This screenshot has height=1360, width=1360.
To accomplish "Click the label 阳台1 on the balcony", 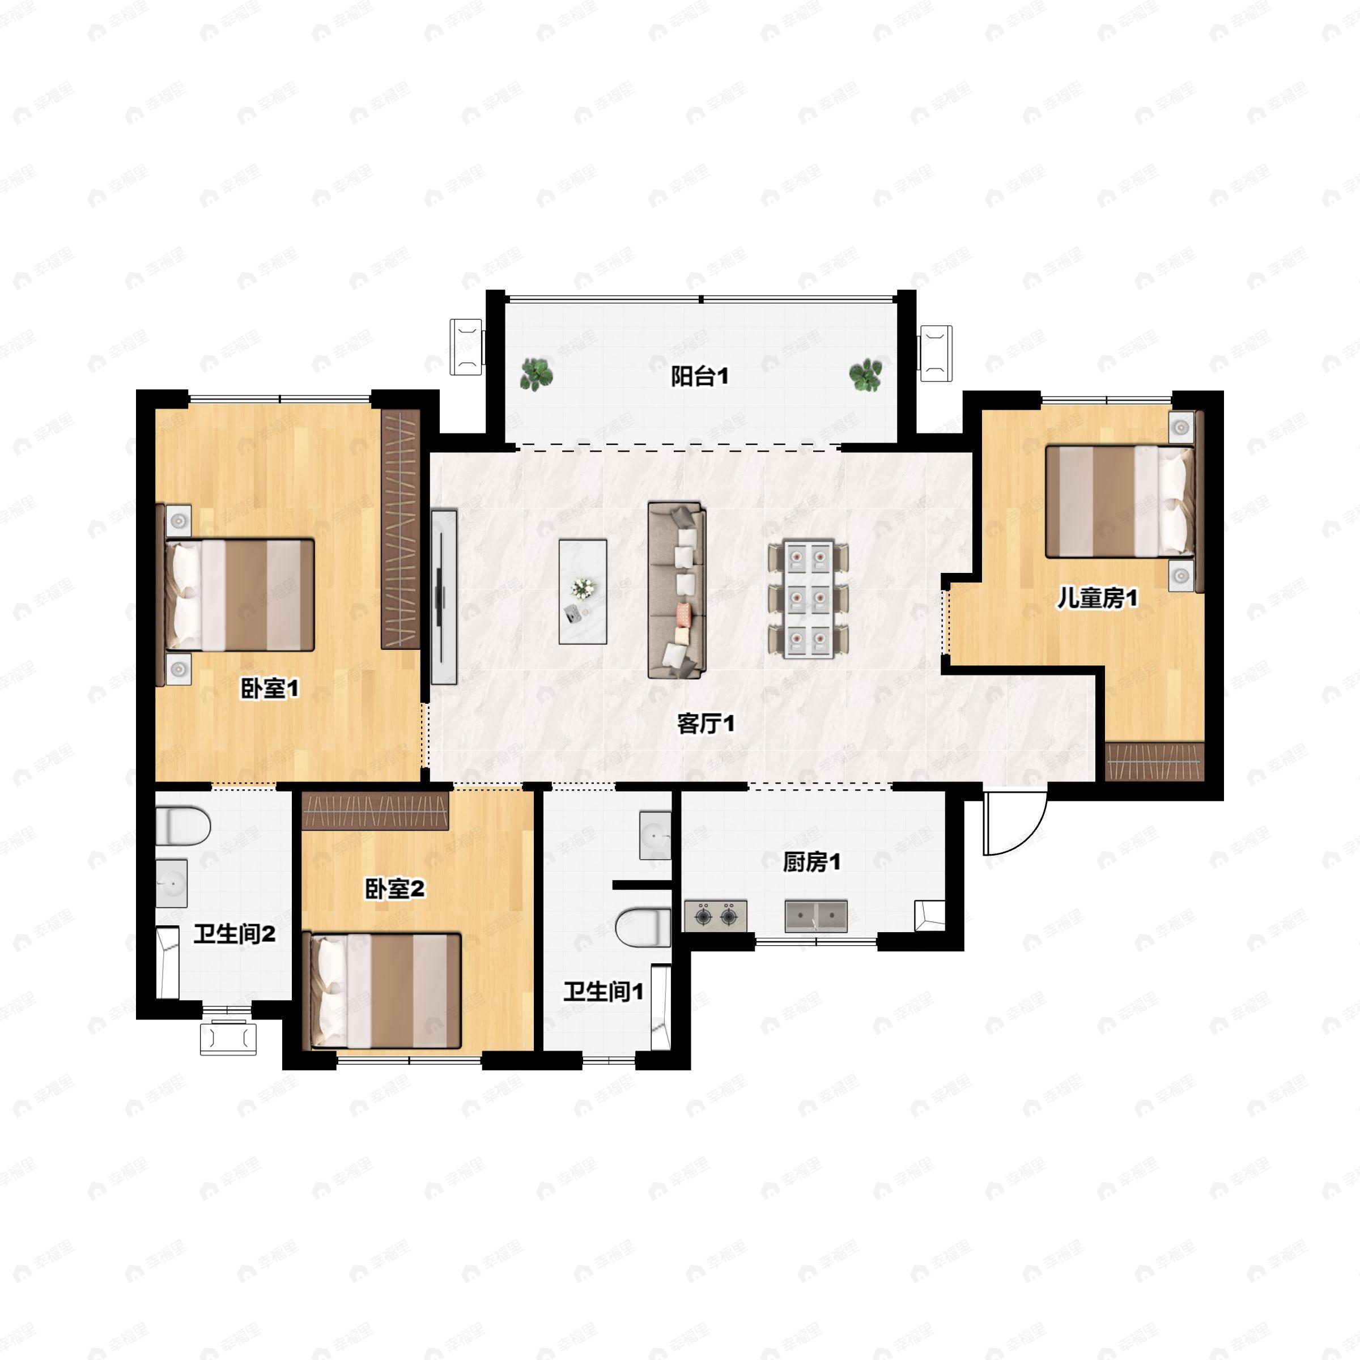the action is pos(699,377).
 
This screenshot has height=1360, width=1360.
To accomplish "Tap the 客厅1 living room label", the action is pos(706,724).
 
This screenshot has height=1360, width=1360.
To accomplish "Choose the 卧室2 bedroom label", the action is pos(394,889).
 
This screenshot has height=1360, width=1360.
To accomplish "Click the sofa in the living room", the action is pos(677,590).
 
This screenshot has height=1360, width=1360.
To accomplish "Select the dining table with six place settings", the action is pos(808,599).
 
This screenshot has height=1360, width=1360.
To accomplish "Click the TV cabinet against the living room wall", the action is pos(444,597).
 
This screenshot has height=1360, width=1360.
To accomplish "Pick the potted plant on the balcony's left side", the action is pos(537,374).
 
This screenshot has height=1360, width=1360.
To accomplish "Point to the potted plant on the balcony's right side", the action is pos(865,375).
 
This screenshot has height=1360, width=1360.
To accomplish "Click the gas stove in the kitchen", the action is pos(715,916).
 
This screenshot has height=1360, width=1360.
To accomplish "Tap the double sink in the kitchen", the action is pos(816,915).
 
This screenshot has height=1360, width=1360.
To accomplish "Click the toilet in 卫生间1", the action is pos(643,927).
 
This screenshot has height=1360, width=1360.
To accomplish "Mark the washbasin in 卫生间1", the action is pos(654,836).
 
